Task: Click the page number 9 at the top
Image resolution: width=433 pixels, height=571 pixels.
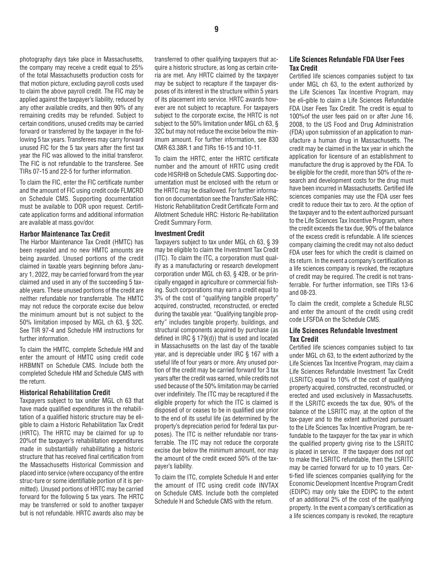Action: tap(216, 29)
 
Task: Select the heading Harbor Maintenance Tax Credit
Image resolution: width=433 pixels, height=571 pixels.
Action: tap(65, 234)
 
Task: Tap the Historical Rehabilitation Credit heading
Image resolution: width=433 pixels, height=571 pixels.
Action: tap(65, 392)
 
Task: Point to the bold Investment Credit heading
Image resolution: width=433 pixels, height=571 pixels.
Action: tap(180, 233)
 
